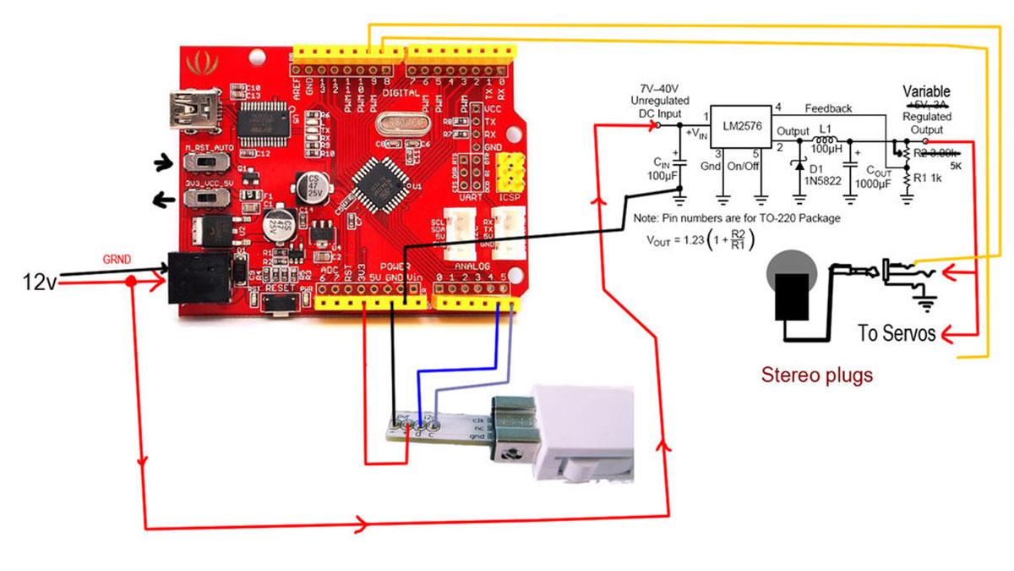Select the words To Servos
[x=897, y=332]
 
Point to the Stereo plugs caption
[x=816, y=374]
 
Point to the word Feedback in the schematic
[x=828, y=108]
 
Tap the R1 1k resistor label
[x=933, y=178]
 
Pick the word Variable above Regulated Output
[x=926, y=91]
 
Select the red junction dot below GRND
[x=129, y=282]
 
